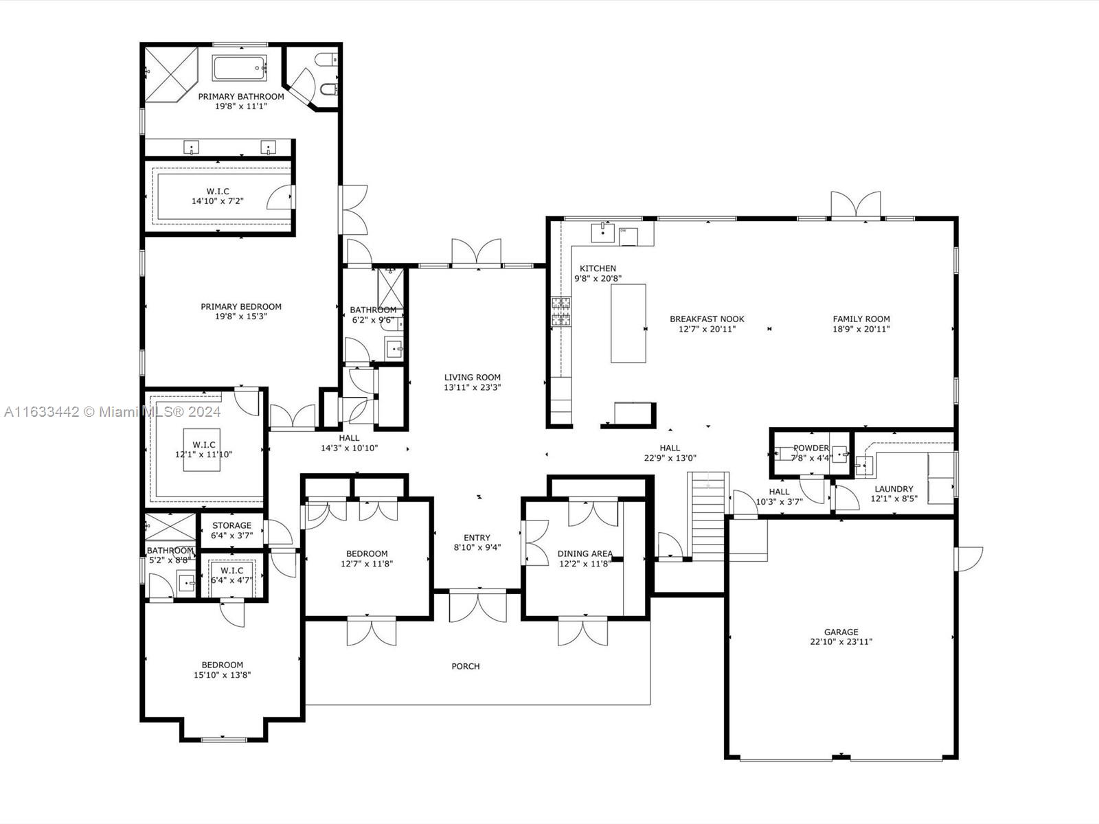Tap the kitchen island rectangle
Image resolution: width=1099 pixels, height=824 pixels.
pos(628,323)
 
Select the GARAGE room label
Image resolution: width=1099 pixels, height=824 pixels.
pos(841,632)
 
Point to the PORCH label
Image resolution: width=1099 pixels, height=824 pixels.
pos(465,666)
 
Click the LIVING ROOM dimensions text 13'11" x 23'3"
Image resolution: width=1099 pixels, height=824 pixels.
pos(472,387)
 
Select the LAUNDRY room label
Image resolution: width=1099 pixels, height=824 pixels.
pos(894,489)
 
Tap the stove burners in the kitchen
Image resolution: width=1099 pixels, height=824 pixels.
pos(560,311)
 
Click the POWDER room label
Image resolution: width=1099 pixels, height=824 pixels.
pos(811,448)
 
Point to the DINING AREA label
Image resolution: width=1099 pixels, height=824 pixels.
pos(585,553)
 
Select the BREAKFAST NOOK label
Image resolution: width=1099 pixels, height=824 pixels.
pos(707,319)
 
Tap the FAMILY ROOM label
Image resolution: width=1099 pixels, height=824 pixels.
pos(861,319)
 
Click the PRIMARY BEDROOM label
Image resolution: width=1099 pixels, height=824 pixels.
pos(240,306)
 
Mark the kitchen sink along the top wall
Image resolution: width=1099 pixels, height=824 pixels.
pos(602,233)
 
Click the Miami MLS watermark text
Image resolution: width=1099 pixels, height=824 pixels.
pos(112,411)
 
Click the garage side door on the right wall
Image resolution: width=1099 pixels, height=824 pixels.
pos(969,558)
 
